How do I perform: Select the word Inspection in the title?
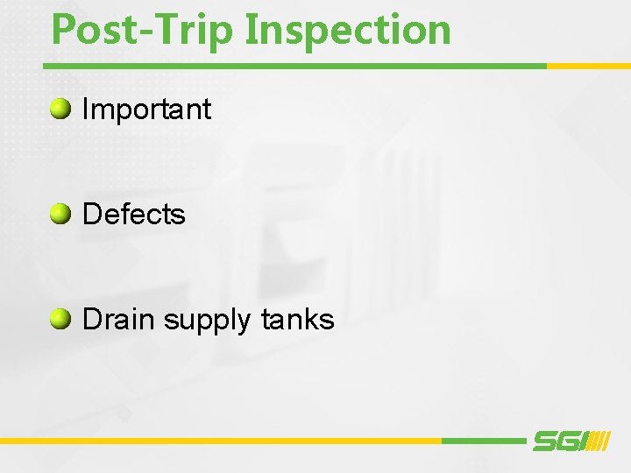(x=349, y=29)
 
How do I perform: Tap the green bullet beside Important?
(x=60, y=109)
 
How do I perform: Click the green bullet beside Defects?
(x=60, y=214)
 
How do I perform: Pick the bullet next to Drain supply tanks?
(x=60, y=319)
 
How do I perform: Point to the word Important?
(x=146, y=109)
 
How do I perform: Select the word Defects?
(x=133, y=215)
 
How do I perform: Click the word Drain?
(x=119, y=320)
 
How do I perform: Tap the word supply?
(x=207, y=321)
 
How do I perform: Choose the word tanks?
(x=297, y=320)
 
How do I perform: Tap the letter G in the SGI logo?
(x=565, y=441)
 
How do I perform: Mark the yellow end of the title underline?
(x=588, y=66)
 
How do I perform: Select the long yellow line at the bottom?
(x=219, y=441)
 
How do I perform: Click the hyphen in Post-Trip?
(x=150, y=32)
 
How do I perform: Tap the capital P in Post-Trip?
(x=63, y=29)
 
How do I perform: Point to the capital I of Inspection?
(x=252, y=29)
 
